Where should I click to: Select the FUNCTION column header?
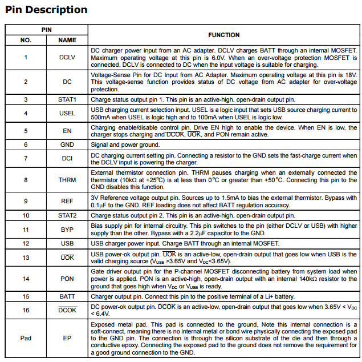tap(223, 35)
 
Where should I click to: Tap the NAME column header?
tap(67, 41)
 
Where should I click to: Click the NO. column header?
tap(26, 41)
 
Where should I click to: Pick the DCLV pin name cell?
tap(67, 57)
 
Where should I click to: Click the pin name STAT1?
tap(67, 99)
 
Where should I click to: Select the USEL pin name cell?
tap(67, 113)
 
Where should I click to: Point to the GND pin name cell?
tap(67, 145)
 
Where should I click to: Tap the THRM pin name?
tap(67, 180)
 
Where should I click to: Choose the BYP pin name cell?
tap(67, 230)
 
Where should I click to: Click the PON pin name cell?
tap(67, 279)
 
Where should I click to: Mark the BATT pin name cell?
tap(67, 297)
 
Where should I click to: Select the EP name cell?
tap(67, 338)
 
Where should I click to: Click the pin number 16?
tap(26, 311)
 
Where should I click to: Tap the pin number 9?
tap(26, 201)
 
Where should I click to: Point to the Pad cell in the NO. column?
tap(26, 338)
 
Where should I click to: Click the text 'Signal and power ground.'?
tap(126, 145)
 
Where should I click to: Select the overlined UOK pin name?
tap(67, 258)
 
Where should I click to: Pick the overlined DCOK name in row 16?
tap(67, 311)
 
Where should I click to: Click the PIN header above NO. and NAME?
tap(46, 29)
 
